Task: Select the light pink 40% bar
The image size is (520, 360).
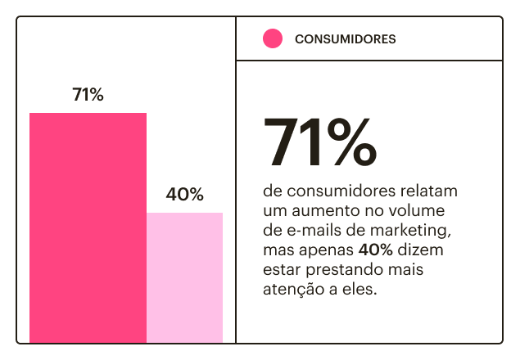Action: tap(184, 277)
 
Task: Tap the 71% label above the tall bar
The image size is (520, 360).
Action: tap(88, 94)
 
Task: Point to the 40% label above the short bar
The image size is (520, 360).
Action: tap(184, 195)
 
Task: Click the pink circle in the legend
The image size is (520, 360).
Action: tap(273, 38)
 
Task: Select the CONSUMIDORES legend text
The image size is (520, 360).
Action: tap(345, 38)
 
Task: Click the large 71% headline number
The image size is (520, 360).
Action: tap(320, 142)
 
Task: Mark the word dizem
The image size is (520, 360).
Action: tap(420, 249)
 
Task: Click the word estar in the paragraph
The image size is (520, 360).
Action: tap(281, 268)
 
